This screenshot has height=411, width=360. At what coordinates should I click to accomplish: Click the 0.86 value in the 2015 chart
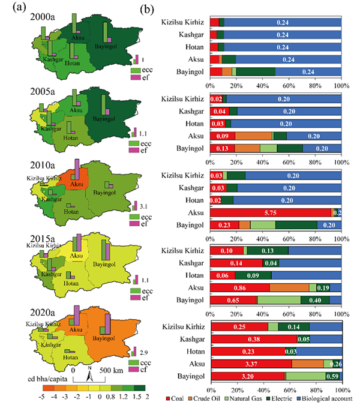[x=238, y=288]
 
